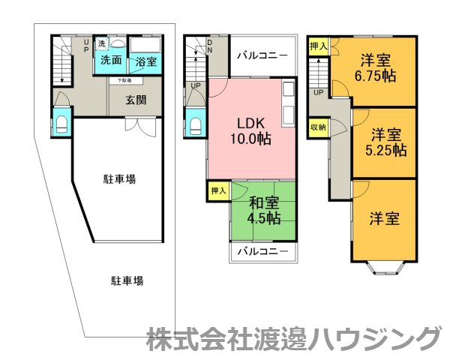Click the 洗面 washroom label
click(111, 60)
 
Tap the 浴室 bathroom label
click(145, 61)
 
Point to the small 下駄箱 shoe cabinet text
click(124, 79)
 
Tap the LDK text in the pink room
click(250, 122)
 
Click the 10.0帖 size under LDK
click(250, 139)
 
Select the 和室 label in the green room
click(263, 202)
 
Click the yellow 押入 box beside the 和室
click(218, 191)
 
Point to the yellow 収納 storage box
click(318, 127)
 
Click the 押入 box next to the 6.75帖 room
click(318, 46)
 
